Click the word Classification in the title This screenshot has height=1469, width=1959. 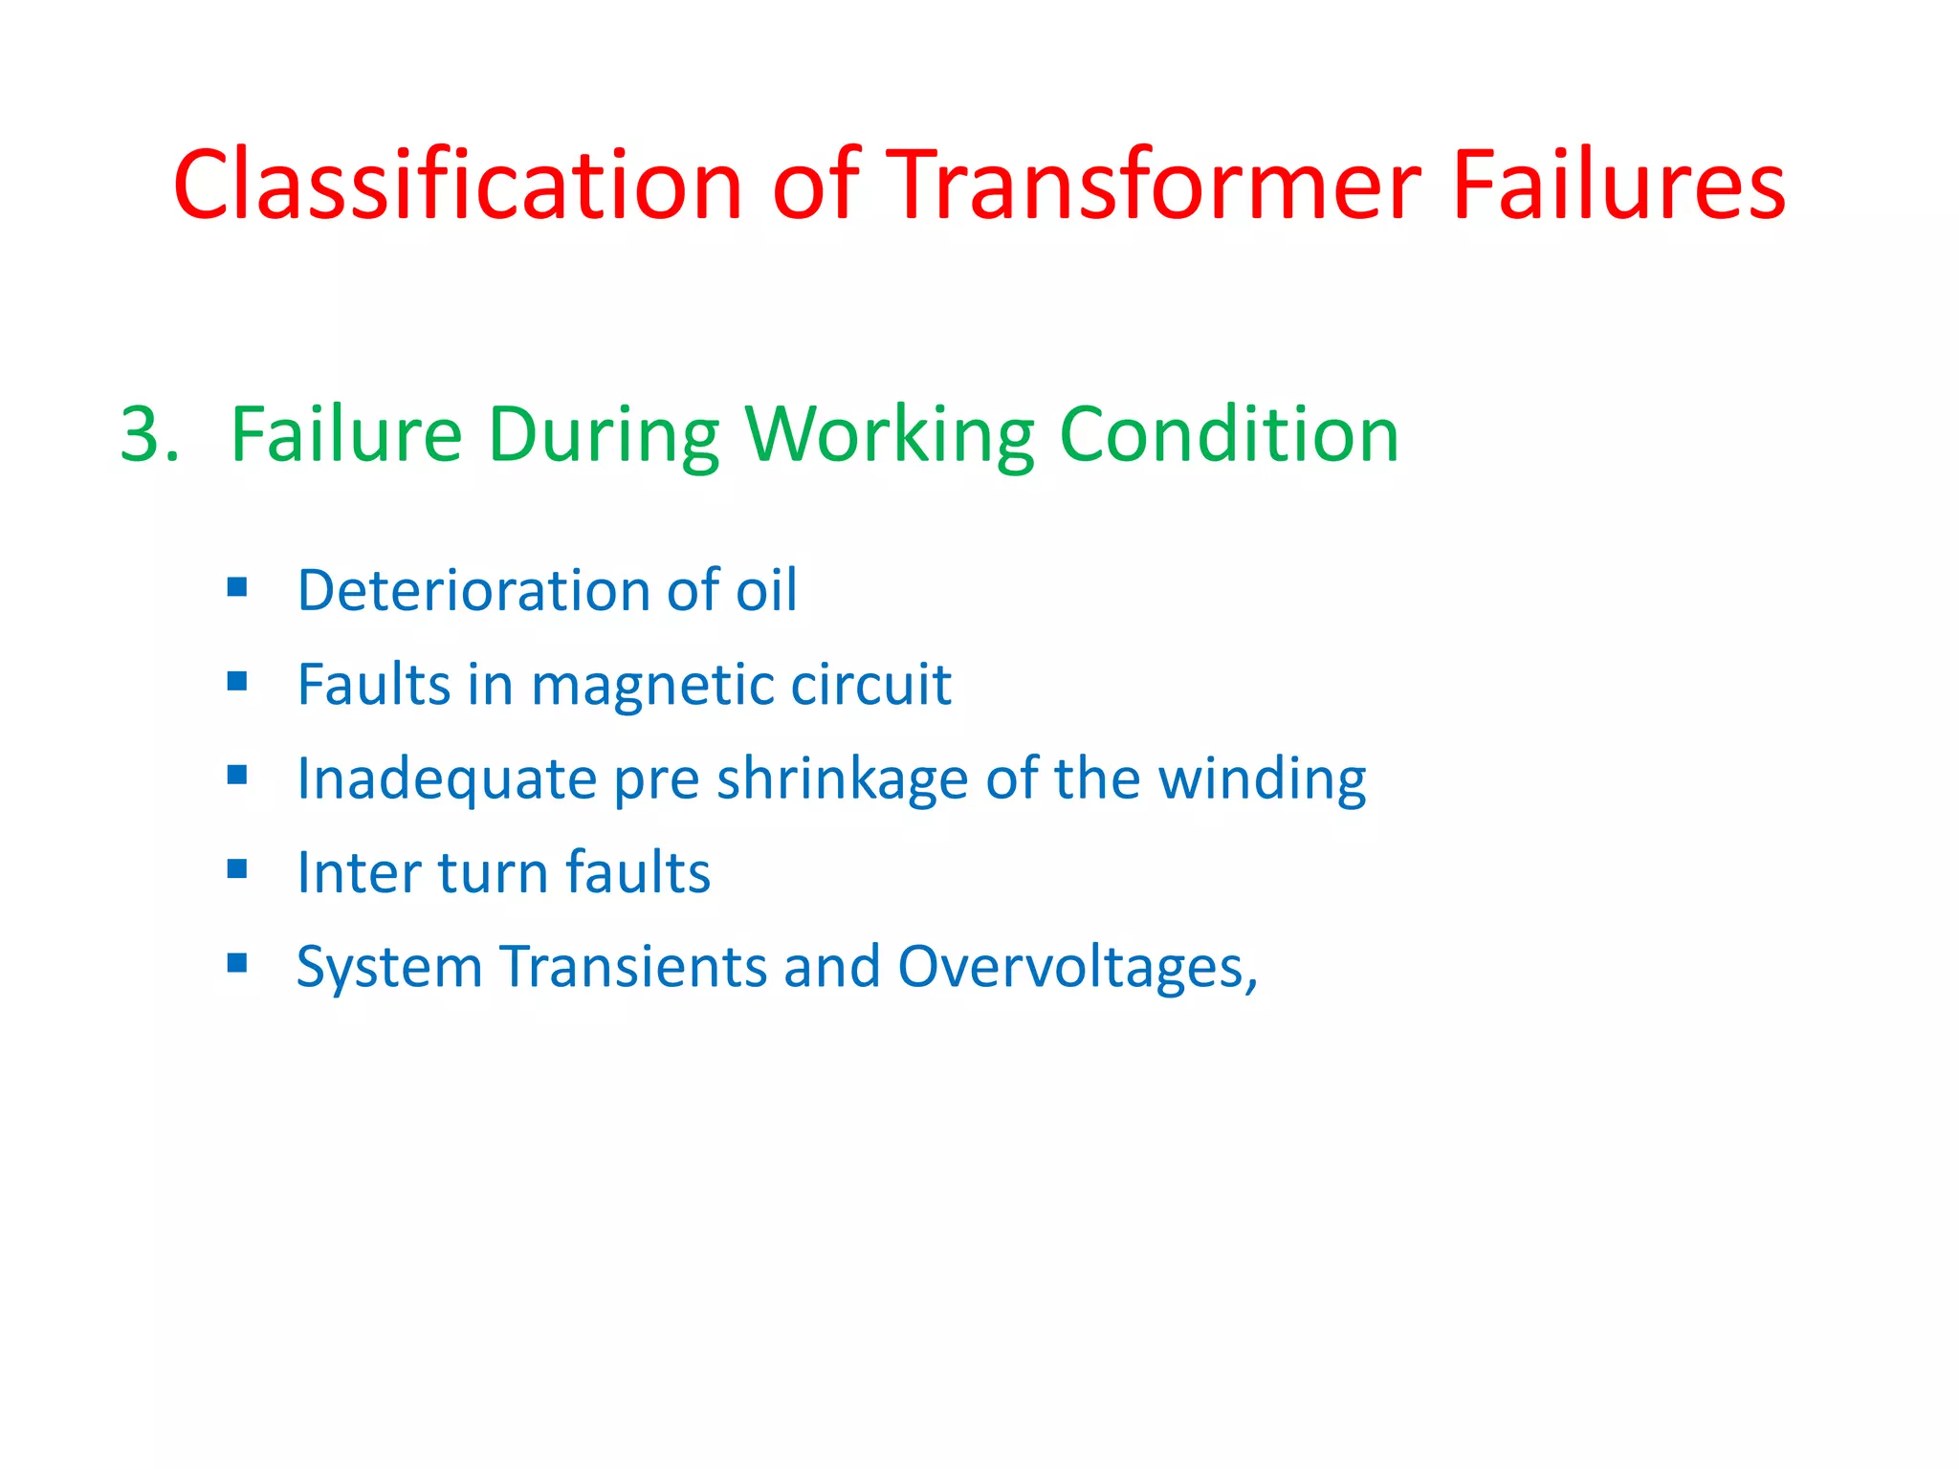(x=457, y=186)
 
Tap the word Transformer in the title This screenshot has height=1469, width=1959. (x=1156, y=186)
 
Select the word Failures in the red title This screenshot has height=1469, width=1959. (x=1618, y=186)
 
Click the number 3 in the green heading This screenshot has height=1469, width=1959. (x=142, y=436)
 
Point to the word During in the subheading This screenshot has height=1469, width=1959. (x=603, y=436)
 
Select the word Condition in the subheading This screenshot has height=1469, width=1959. (x=1229, y=436)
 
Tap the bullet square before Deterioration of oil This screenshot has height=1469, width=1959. (x=237, y=586)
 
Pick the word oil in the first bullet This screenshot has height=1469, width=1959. (x=765, y=591)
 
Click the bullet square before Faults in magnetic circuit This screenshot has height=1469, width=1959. (x=237, y=681)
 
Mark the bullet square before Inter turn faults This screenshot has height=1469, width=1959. (x=237, y=868)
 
